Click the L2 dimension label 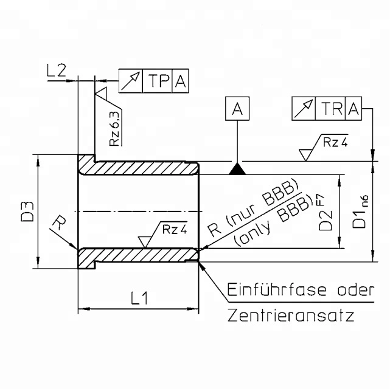pyautogui.click(x=57, y=71)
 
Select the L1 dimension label pyautogui.click(x=139, y=298)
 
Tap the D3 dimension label pyautogui.click(x=27, y=211)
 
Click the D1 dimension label pyautogui.click(x=359, y=218)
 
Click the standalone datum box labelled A pyautogui.click(x=237, y=109)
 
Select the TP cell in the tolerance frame pyautogui.click(x=158, y=81)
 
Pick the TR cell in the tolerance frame pyautogui.click(x=330, y=109)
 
